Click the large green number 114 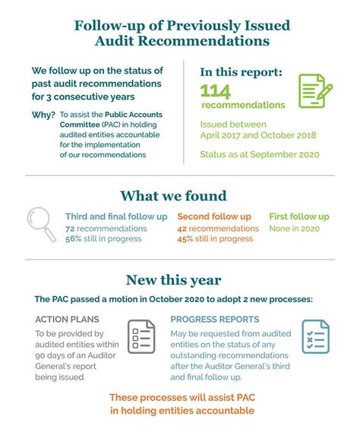click(x=215, y=91)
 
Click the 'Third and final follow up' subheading click(x=116, y=216)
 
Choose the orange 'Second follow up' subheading click(x=214, y=216)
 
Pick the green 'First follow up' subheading click(x=299, y=216)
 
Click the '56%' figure click(x=74, y=239)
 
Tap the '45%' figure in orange click(x=186, y=239)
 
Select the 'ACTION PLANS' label click(x=67, y=319)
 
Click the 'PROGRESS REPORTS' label click(x=215, y=319)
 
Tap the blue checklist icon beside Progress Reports click(x=315, y=336)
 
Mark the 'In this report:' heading click(x=242, y=72)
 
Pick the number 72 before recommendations click(x=70, y=228)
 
